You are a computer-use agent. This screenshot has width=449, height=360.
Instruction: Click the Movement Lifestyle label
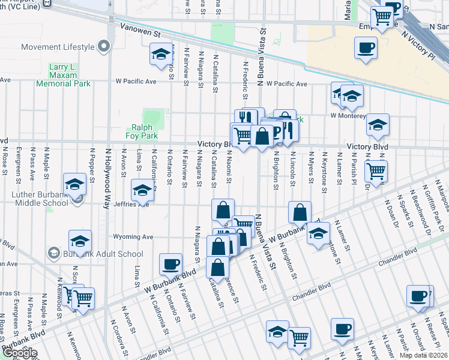click(x=58, y=47)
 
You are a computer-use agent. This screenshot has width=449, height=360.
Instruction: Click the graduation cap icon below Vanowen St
click(x=161, y=55)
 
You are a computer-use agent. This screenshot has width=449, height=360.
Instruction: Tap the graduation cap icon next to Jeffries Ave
click(x=142, y=190)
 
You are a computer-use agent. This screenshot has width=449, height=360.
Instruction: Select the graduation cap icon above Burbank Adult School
click(x=80, y=241)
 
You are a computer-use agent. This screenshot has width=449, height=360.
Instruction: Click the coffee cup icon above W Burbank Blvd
click(x=171, y=263)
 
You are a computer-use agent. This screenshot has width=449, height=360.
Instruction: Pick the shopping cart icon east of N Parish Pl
click(x=376, y=170)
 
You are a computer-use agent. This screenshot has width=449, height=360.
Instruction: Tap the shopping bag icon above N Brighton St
click(x=300, y=212)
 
